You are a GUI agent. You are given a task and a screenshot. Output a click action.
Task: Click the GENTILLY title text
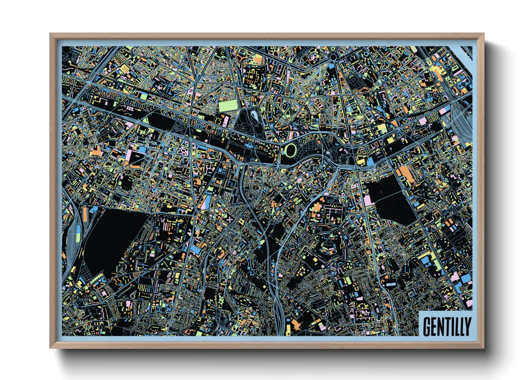point(447,326)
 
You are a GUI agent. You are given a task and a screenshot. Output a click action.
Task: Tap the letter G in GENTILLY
point(427,326)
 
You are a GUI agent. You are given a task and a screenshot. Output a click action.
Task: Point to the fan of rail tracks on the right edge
point(461,119)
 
